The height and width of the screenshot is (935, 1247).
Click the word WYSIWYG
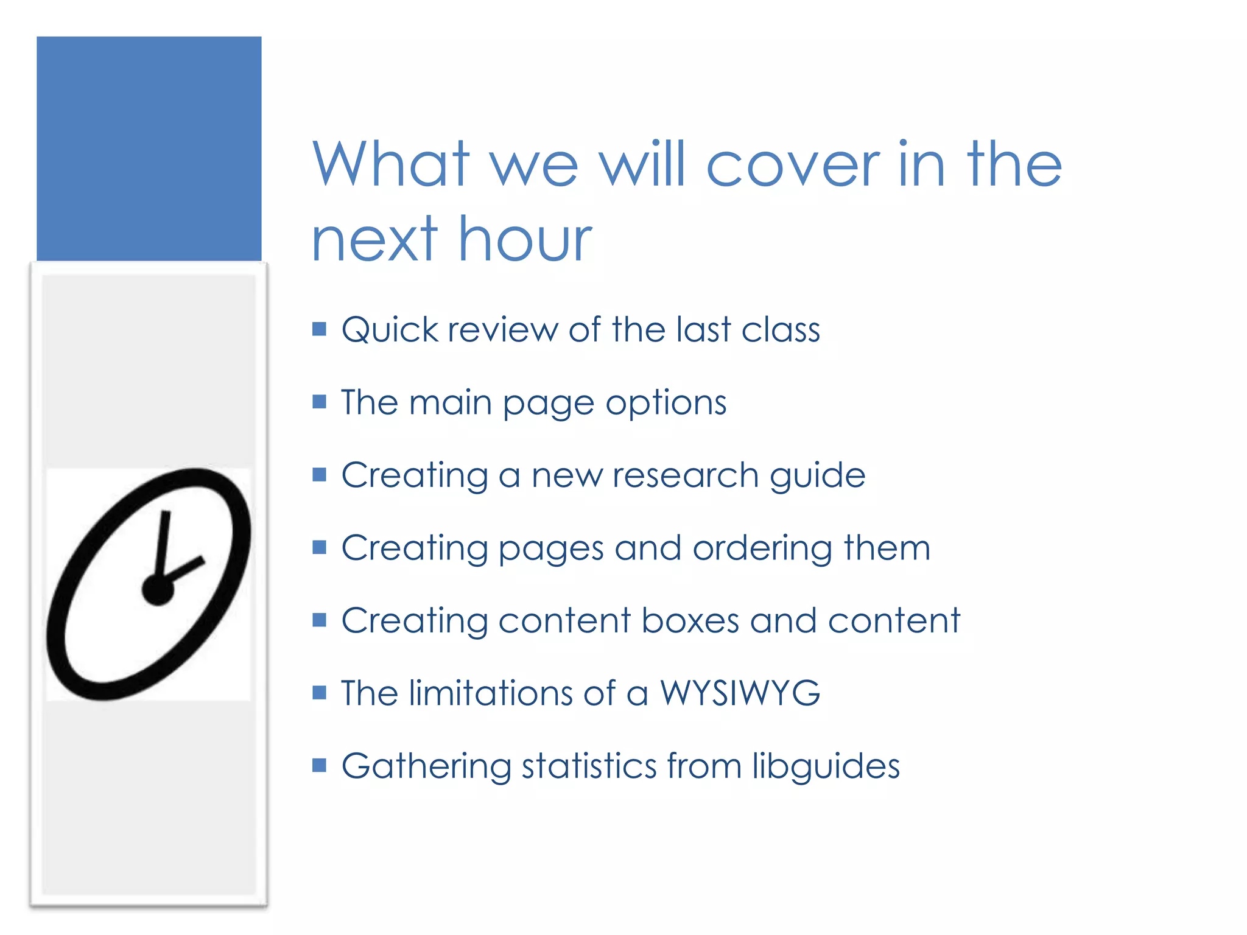(x=740, y=693)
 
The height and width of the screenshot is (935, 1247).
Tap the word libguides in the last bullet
(x=826, y=766)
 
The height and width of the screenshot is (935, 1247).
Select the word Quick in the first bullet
(x=390, y=331)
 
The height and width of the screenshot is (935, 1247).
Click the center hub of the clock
(x=158, y=589)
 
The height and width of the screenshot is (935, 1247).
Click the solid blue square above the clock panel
(x=149, y=149)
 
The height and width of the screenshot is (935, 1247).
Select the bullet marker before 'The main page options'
(x=319, y=402)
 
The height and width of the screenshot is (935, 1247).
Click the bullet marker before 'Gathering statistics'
(x=319, y=765)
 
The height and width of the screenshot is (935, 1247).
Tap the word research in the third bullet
(x=685, y=475)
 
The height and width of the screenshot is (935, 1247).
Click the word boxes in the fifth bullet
(x=690, y=621)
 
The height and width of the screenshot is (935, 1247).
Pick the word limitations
(x=491, y=693)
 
